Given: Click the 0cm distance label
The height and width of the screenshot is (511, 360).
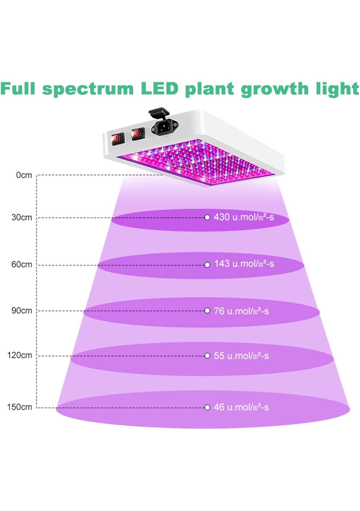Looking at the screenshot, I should click(24, 175).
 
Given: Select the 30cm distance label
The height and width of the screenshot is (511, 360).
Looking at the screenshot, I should click(22, 217).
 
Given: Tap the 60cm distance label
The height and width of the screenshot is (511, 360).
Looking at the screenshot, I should click(22, 265).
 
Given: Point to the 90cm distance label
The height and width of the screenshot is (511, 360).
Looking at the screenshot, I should click(22, 311).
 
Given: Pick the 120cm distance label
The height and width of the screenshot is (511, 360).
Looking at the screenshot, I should click(20, 355).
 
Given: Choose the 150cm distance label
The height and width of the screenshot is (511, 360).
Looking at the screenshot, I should click(20, 407).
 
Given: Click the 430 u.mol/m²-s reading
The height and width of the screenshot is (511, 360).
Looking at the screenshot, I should click(244, 217).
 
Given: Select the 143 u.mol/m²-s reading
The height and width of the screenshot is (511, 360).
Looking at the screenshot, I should click(244, 264).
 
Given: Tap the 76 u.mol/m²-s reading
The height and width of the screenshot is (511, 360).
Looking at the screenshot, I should click(241, 311).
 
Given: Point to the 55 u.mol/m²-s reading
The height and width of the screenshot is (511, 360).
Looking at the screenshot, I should click(241, 356).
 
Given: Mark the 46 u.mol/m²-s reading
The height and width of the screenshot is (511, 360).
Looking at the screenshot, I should click(241, 407).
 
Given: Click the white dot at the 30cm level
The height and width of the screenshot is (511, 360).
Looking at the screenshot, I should click(207, 217).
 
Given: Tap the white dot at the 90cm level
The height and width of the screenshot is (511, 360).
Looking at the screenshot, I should click(207, 311).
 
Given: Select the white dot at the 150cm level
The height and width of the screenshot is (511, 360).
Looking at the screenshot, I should click(207, 408).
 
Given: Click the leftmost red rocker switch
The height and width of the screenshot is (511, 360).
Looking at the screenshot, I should click(117, 139).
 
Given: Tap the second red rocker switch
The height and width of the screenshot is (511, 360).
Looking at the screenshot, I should click(138, 133).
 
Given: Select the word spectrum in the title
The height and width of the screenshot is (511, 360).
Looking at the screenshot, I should click(88, 89).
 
